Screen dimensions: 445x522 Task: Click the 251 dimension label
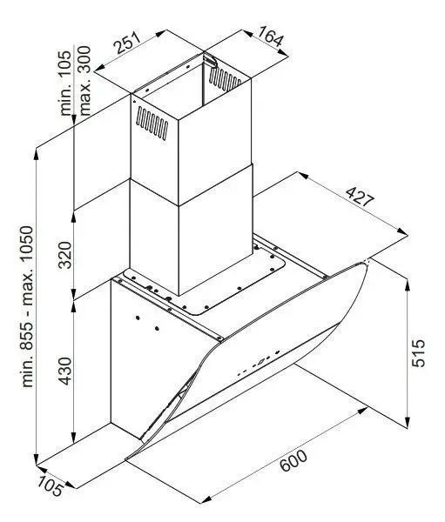pos(127,43)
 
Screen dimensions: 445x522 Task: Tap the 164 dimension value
pos(270,36)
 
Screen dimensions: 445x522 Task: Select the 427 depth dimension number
pos(360,197)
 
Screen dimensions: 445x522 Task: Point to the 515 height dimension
pos(418,353)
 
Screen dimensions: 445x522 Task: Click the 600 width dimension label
pos(293,460)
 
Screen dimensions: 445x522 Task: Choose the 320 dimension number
pos(64,255)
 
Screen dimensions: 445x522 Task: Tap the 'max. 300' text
pos(84,81)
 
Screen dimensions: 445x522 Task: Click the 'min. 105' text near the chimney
pos(65,84)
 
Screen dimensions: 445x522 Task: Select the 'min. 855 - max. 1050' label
pos(27,306)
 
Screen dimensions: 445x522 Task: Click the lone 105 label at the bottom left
pos(50,486)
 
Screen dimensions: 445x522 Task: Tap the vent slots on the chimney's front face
pos(152,123)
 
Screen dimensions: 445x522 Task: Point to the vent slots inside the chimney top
pos(225,79)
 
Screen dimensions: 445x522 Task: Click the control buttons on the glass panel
pos(259,362)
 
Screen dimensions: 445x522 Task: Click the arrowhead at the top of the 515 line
pos(408,285)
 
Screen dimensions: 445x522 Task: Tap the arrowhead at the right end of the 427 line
pos(401,231)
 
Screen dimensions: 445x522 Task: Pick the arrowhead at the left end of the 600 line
pos(206,499)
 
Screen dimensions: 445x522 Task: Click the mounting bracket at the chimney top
pos(210,59)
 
